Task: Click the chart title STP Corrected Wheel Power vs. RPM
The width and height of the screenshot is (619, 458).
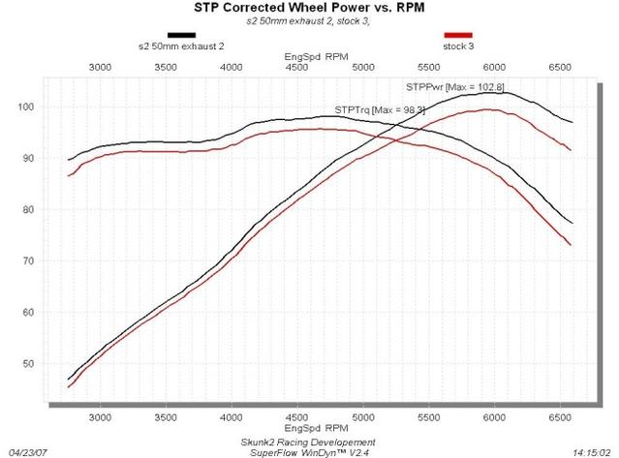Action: coord(309,9)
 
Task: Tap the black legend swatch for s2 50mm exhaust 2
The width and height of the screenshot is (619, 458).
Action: coord(181,33)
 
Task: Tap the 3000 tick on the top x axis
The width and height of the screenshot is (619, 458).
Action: coord(100,68)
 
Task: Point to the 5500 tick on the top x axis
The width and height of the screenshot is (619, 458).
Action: coord(428,68)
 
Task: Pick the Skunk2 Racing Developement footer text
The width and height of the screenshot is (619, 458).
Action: coord(309,442)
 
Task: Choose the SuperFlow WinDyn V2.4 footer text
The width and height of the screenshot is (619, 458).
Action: coord(309,451)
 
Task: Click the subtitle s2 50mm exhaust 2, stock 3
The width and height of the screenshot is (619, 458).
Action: coord(309,20)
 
